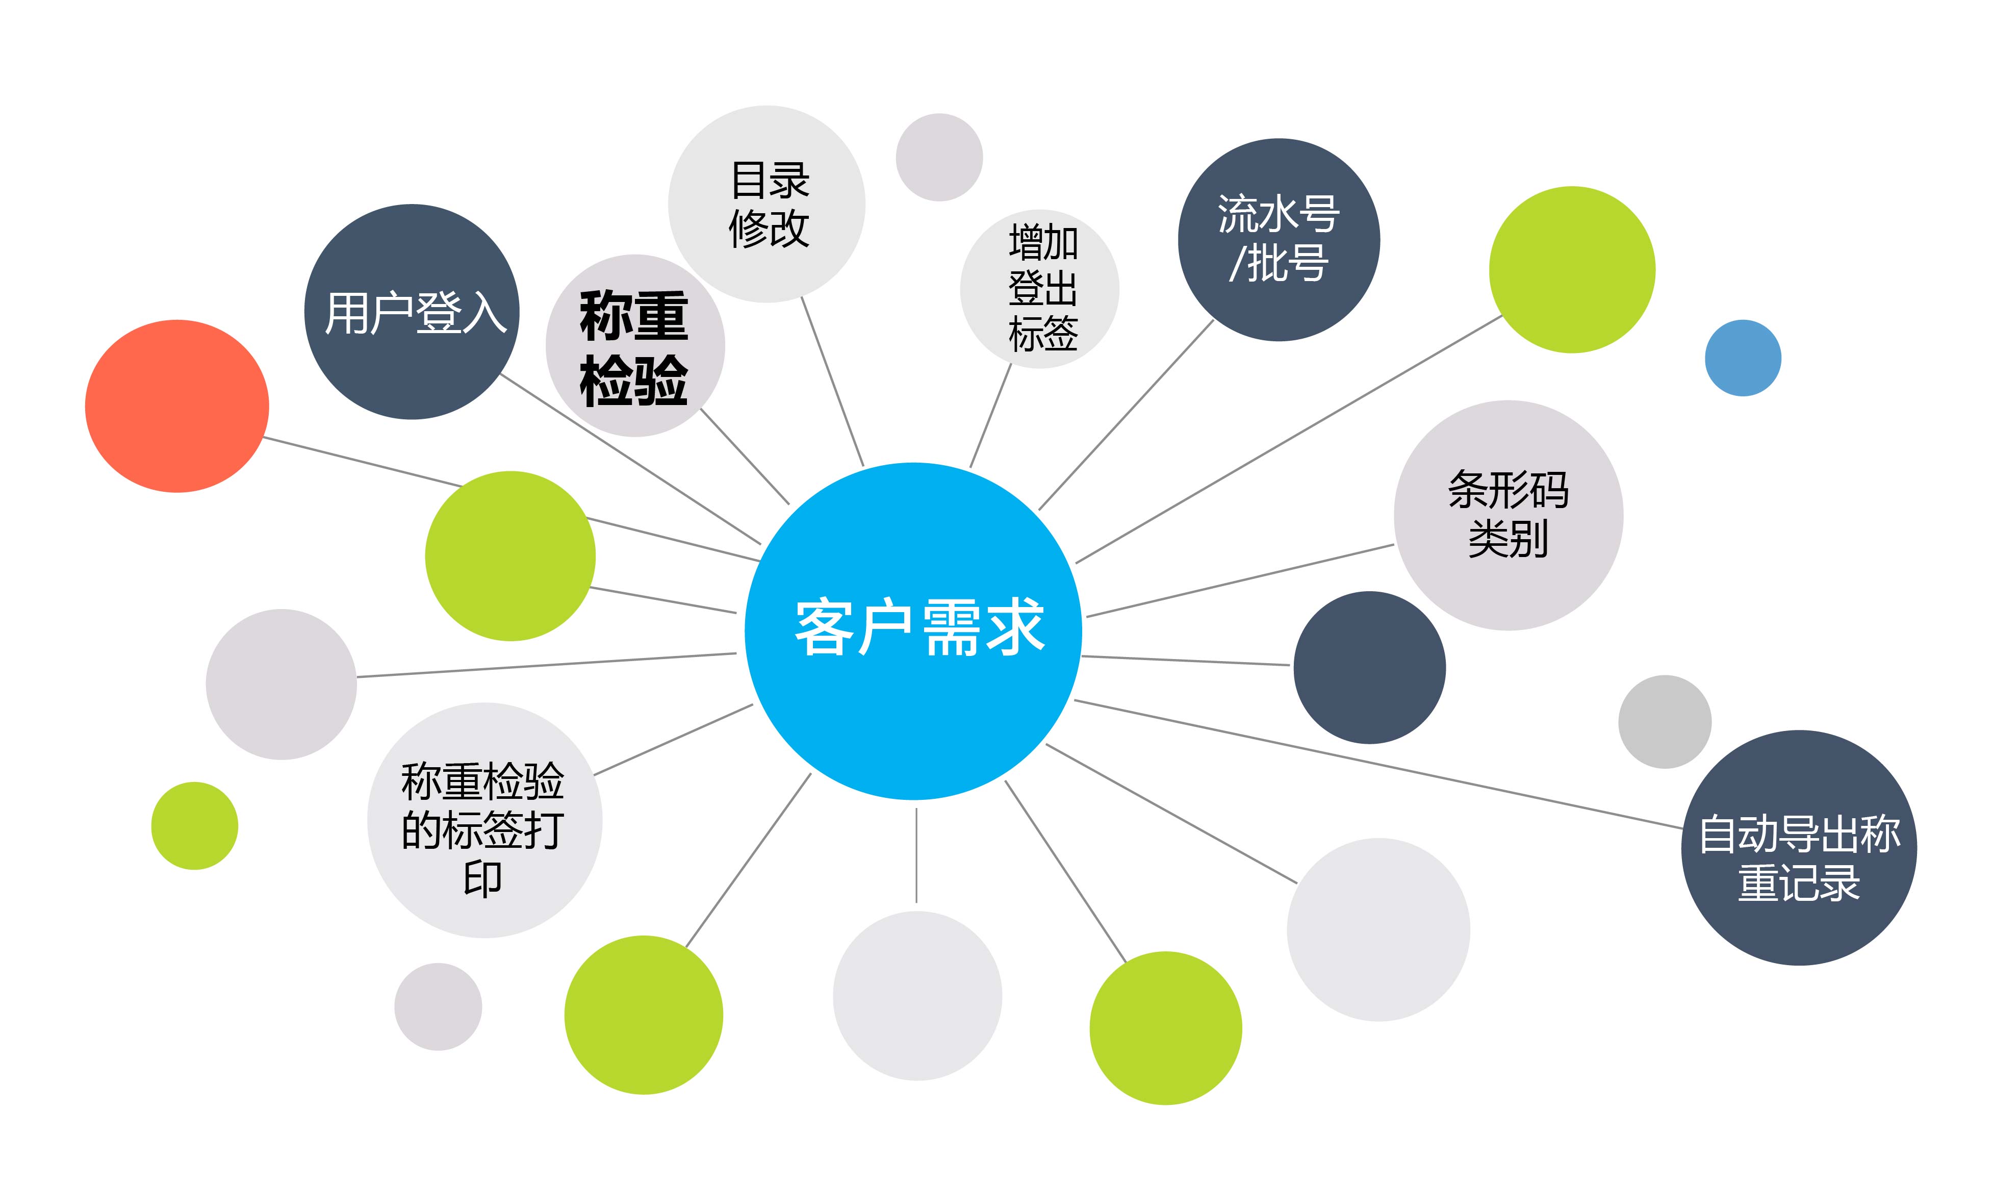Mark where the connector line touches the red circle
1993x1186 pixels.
pyautogui.click(x=264, y=437)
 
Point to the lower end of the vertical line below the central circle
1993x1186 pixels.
pyautogui.click(x=916, y=902)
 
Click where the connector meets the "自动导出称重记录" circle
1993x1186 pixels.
pyautogui.click(x=1683, y=827)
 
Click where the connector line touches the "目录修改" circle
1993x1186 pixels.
pyautogui.click(x=802, y=297)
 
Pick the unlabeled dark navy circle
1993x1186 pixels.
pyautogui.click(x=1369, y=667)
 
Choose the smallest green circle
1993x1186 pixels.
pyautogui.click(x=194, y=825)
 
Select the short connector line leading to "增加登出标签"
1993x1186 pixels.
pyautogui.click(x=990, y=416)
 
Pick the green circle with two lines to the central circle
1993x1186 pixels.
pyautogui.click(x=510, y=556)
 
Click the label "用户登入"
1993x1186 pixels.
pyautogui.click(x=415, y=313)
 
